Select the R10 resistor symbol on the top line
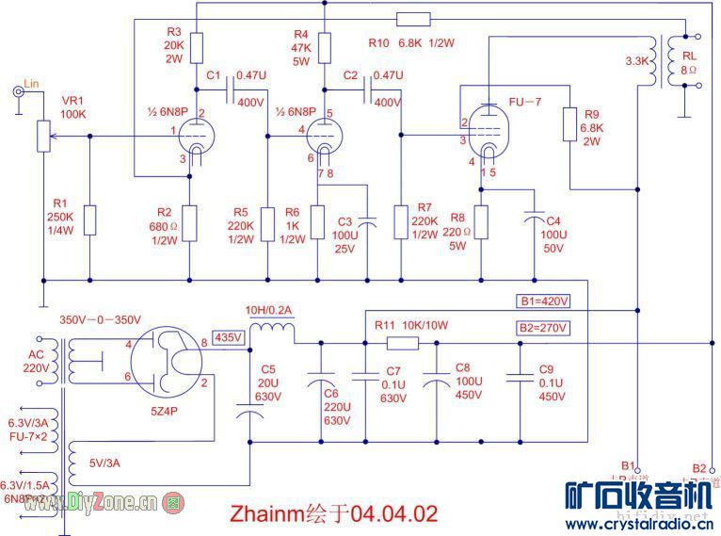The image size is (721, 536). [x=413, y=19]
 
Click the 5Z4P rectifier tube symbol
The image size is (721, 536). [x=166, y=362]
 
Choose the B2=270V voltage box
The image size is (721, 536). [x=544, y=328]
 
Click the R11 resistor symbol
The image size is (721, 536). [x=402, y=342]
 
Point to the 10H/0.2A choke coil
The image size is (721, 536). [x=272, y=330]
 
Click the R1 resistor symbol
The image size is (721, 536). [x=90, y=219]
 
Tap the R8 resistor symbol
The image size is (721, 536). [x=481, y=221]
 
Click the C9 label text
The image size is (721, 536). [x=547, y=369]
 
